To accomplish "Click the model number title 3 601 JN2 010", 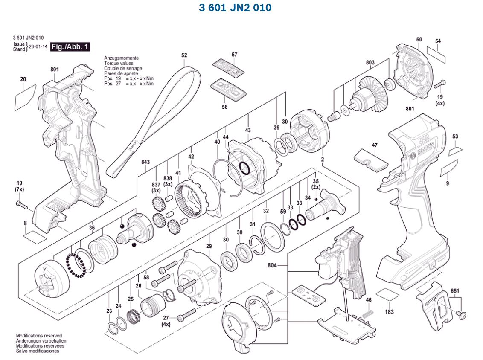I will click(x=235, y=8).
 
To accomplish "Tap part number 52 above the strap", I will click(x=184, y=55).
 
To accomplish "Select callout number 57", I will click(x=234, y=55).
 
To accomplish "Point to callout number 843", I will click(x=145, y=162).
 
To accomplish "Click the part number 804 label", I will click(x=272, y=265).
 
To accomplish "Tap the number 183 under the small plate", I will click(x=389, y=312).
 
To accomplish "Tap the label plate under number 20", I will click(x=25, y=97).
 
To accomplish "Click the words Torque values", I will click(x=118, y=63).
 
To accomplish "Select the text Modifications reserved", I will click(x=39, y=336).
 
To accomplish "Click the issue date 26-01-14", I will click(x=37, y=46).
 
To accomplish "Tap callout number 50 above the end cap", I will click(x=419, y=39).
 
